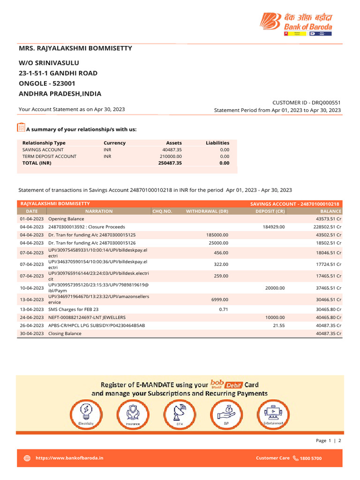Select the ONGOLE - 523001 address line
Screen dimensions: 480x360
coord(47,83)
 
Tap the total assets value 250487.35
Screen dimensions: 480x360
coord(170,163)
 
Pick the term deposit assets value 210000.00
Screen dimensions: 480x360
coord(171,156)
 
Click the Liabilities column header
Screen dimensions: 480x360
coord(217,143)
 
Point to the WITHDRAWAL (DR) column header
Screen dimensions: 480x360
coord(207,211)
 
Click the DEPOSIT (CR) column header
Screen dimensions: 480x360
coord(270,211)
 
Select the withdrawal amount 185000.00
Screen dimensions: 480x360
coord(217,234)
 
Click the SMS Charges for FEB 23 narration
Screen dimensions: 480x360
coord(74,310)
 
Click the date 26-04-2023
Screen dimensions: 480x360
coord(32,325)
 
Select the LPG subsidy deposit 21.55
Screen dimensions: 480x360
coord(278,325)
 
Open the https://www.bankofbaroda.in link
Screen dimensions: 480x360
coord(69,457)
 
